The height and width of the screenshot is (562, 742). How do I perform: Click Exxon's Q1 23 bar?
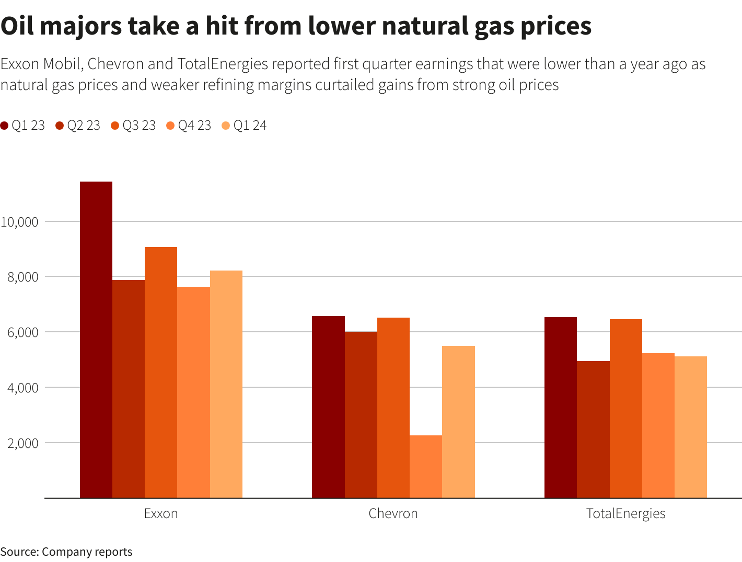[96, 340]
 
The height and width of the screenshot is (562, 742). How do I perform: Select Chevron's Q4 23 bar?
[426, 467]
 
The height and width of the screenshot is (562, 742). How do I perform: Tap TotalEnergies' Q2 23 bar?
[593, 429]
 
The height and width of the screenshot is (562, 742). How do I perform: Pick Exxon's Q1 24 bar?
[226, 385]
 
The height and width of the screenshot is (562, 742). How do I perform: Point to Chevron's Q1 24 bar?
[458, 422]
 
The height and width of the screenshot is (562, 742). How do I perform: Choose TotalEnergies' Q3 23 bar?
[625, 408]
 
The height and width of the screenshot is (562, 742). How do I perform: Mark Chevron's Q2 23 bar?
[361, 414]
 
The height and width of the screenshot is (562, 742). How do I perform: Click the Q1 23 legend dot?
[5, 126]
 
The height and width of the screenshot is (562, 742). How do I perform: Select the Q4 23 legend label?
[194, 126]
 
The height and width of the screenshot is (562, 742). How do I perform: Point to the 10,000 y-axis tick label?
[20, 222]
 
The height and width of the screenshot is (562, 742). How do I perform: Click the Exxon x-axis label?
[161, 513]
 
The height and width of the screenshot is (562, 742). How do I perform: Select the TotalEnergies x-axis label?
[625, 513]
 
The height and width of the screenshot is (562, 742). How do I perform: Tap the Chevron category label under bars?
[393, 513]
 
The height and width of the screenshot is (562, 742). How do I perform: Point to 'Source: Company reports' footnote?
[66, 552]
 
